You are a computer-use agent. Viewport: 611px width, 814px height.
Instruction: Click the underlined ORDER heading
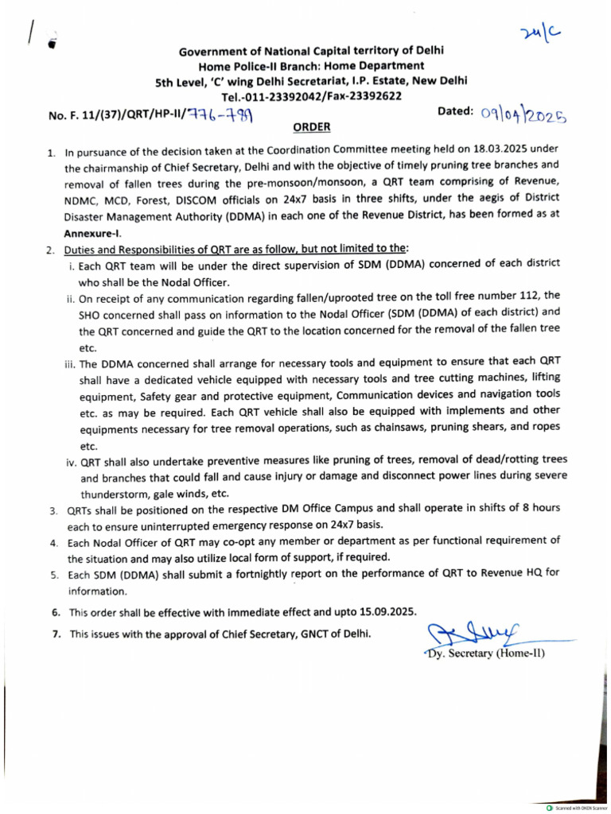click(312, 127)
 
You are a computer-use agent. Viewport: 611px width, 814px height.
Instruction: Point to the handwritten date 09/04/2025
click(523, 117)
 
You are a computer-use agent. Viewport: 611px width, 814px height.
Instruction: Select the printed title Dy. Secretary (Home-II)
click(483, 654)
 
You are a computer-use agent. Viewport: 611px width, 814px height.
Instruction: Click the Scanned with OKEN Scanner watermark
click(576, 808)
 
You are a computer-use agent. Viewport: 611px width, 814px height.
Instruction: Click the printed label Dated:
click(456, 112)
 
